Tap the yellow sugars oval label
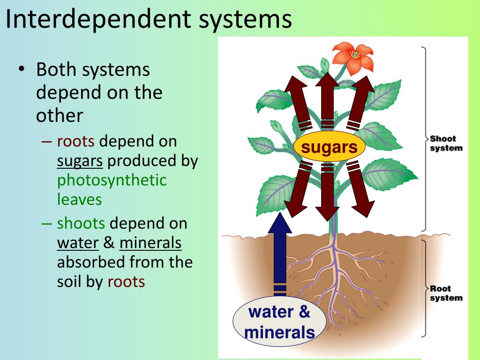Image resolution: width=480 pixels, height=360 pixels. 329,147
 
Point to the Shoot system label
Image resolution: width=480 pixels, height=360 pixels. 446,143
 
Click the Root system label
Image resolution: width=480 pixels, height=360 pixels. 446,293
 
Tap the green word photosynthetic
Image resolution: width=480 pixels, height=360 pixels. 112,180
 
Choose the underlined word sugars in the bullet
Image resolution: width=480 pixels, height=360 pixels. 80,161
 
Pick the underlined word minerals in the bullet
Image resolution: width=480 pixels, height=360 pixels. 150,243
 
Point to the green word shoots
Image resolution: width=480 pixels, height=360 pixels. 81,223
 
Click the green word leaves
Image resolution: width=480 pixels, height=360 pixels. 79,199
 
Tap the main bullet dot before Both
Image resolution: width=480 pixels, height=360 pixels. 22,69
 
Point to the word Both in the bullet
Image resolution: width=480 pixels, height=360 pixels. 56,70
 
